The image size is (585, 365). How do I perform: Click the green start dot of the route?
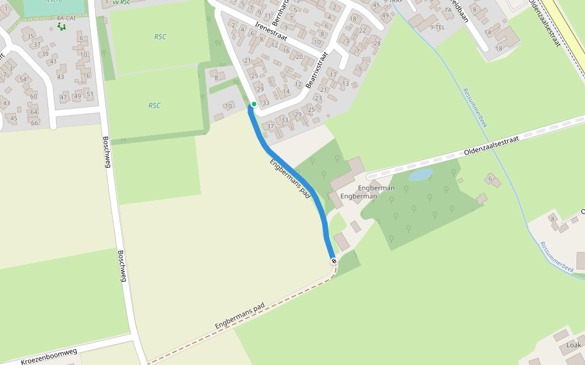[253, 104]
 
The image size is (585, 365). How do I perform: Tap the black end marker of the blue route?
[334, 261]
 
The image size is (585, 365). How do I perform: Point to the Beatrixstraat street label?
[316, 70]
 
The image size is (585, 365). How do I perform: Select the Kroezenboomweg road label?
[49, 356]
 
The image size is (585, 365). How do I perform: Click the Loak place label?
[573, 345]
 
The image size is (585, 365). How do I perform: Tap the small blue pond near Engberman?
[420, 175]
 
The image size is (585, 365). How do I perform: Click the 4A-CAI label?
[65, 18]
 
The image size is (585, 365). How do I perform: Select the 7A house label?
[448, 10]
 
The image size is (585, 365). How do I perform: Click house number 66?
[34, 123]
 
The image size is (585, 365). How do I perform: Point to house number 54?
[23, 80]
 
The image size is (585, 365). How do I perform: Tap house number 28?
[377, 43]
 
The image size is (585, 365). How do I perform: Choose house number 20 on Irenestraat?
[299, 57]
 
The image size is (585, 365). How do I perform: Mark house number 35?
[30, 36]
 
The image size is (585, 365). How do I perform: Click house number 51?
[90, 94]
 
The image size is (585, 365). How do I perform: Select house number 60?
[34, 96]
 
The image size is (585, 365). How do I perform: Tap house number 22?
[362, 30]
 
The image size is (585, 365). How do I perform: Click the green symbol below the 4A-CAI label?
[61, 27]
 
